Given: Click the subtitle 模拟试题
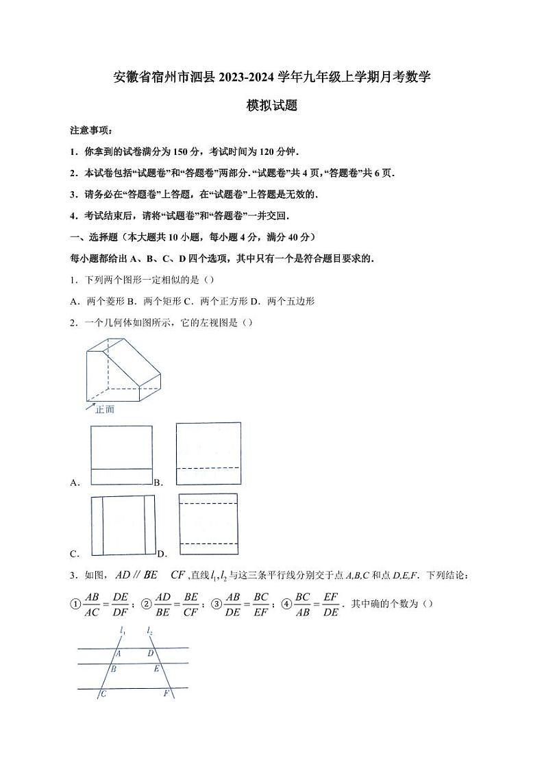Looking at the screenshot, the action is (x=272, y=106).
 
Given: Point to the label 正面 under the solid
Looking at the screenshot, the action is (x=105, y=409).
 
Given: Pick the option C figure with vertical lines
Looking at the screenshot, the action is (x=123, y=525).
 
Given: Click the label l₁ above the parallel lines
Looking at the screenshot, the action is (x=121, y=630).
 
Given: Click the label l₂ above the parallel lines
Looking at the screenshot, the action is (x=149, y=630).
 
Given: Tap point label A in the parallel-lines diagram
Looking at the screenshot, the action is (x=118, y=653).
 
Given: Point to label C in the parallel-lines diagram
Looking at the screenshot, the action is (x=103, y=694).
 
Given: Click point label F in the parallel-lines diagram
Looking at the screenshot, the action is (x=166, y=694).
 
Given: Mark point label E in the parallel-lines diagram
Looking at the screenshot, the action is (x=156, y=668).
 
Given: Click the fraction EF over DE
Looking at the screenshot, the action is (x=331, y=604).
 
